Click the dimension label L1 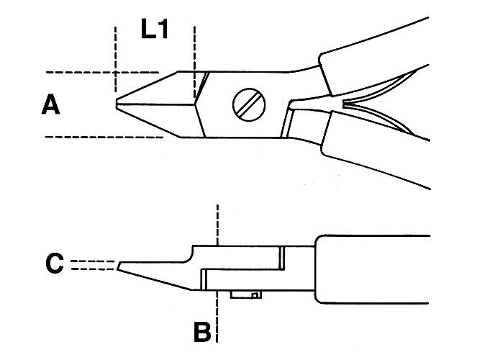pyautogui.click(x=155, y=29)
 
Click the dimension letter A pyautogui.click(x=50, y=104)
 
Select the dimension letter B pyautogui.click(x=202, y=332)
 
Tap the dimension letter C pyautogui.click(x=55, y=264)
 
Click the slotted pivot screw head pyautogui.click(x=249, y=104)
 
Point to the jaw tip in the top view pyautogui.click(x=117, y=104)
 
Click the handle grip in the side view pyautogui.click(x=373, y=269)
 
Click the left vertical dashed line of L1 pyautogui.click(x=116, y=60)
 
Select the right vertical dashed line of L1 pyautogui.click(x=194, y=62)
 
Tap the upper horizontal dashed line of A pyautogui.click(x=102, y=72)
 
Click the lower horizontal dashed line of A pyautogui.click(x=104, y=137)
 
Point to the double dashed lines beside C pyautogui.click(x=93, y=265)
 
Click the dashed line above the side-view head pyautogui.click(x=217, y=225)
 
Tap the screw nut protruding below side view pyautogui.click(x=246, y=295)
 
